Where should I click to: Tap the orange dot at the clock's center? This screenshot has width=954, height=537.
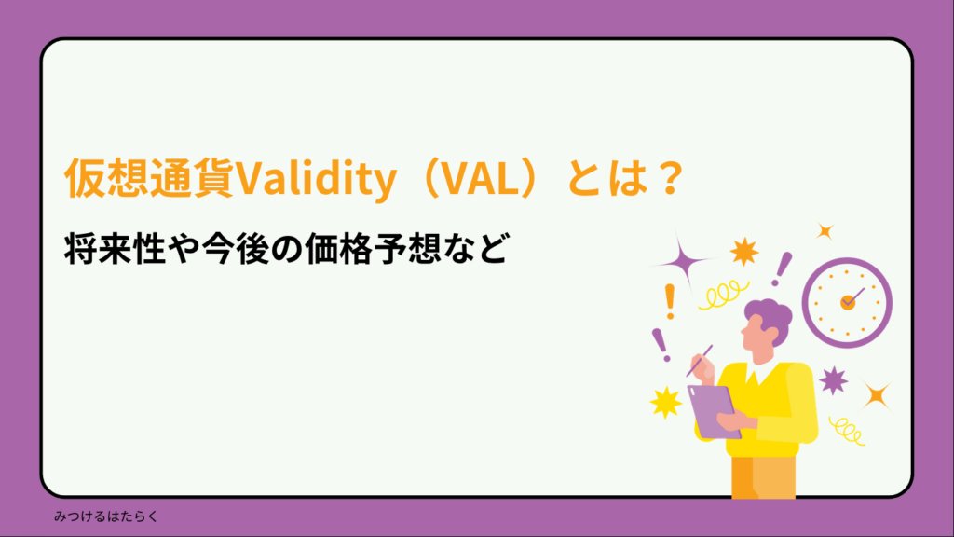[847, 302]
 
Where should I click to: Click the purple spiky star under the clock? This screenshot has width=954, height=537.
[832, 379]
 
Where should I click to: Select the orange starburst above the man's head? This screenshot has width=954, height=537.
[743, 250]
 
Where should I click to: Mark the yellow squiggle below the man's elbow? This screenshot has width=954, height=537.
[846, 430]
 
